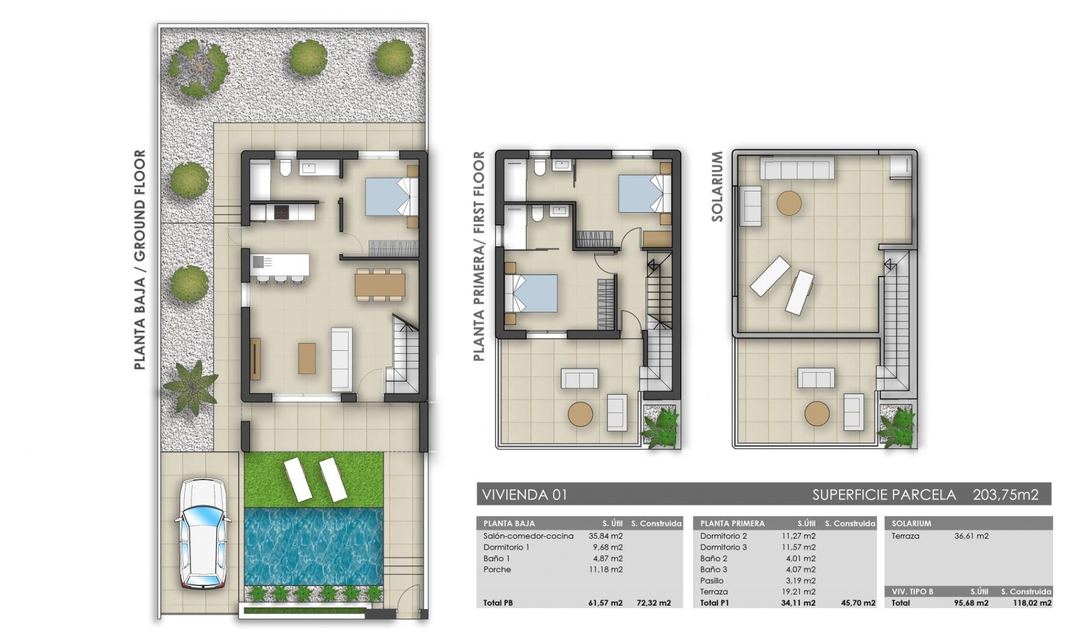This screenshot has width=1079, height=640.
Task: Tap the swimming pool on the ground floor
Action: [x=314, y=546]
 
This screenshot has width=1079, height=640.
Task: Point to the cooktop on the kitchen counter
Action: [x=281, y=212]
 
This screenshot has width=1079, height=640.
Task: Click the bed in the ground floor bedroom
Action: [x=391, y=196]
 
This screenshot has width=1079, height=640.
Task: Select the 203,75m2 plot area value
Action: [x=1005, y=495]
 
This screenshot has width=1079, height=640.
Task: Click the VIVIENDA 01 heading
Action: [x=525, y=495]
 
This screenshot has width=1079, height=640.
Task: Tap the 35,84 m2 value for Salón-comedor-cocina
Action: [x=605, y=536]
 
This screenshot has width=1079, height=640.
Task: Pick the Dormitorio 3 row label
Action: [x=723, y=547]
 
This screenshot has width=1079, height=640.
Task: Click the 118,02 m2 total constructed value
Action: [x=1032, y=603]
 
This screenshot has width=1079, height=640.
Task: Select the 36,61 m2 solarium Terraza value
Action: [x=971, y=536]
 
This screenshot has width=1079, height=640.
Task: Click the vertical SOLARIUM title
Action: [x=717, y=186]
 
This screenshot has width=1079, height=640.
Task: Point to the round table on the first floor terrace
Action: [x=580, y=414]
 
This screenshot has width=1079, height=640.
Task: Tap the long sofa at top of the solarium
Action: [x=797, y=168]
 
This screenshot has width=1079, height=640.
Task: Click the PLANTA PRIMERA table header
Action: [x=732, y=523]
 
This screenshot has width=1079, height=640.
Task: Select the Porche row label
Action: [x=497, y=569]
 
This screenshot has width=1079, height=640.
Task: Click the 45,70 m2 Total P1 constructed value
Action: [x=858, y=603]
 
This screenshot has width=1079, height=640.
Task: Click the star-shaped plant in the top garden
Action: [x=198, y=68]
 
